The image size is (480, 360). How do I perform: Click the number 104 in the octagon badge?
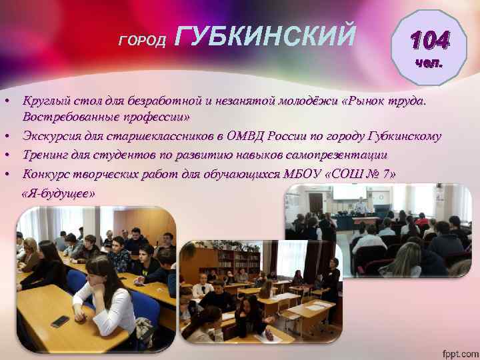click(x=429, y=41)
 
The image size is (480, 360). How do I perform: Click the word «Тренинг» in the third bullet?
click(x=45, y=155)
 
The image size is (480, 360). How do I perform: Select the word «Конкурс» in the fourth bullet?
click(x=45, y=174)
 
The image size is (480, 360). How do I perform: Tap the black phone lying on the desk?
click(x=60, y=321)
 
